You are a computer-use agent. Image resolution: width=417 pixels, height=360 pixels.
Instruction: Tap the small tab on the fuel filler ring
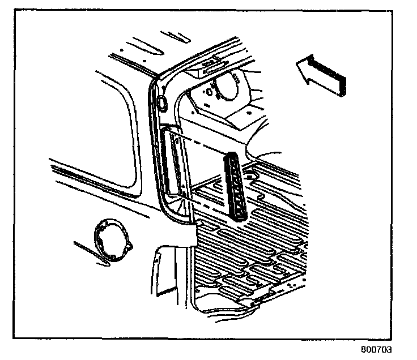pos(130,247)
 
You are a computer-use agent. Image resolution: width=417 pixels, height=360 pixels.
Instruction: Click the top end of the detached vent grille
pos(232,156)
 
